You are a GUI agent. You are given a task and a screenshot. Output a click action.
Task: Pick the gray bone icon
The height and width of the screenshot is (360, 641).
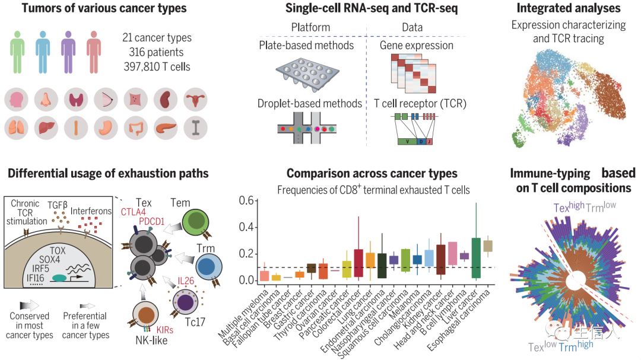coord(194,128)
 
